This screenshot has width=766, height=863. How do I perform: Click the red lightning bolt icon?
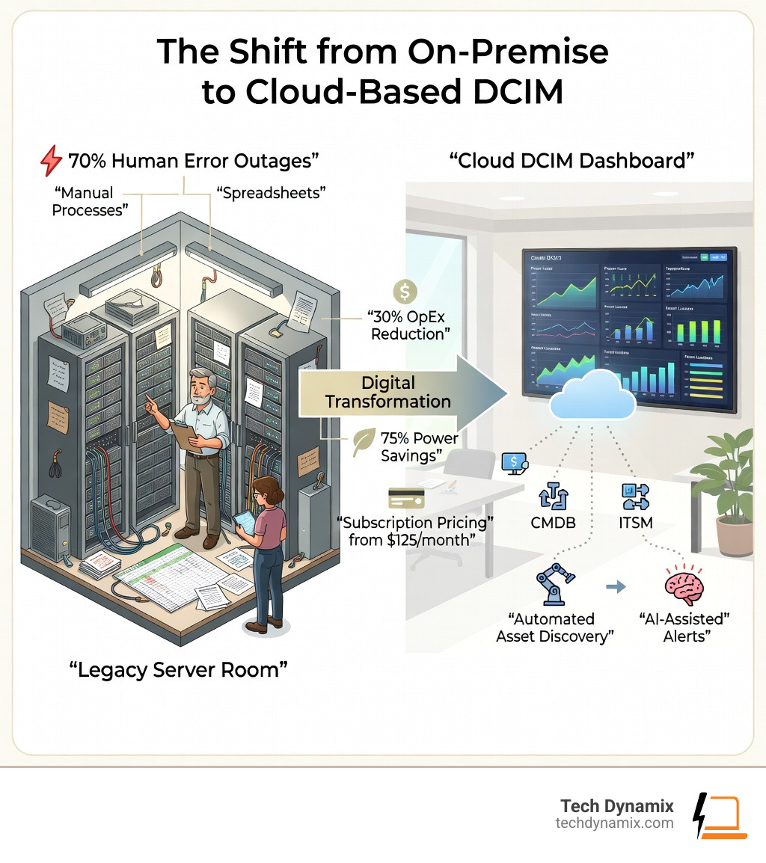(x=50, y=159)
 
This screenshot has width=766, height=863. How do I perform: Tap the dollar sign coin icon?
(x=405, y=290)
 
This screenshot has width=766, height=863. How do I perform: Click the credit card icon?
(x=406, y=498)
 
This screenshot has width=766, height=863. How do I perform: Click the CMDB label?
(x=554, y=522)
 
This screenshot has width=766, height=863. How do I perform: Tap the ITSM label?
(x=636, y=522)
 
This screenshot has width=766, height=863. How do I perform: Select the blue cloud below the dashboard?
(x=592, y=398)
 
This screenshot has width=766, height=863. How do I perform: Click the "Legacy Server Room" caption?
(x=179, y=669)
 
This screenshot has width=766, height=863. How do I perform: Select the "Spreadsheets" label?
(x=272, y=194)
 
